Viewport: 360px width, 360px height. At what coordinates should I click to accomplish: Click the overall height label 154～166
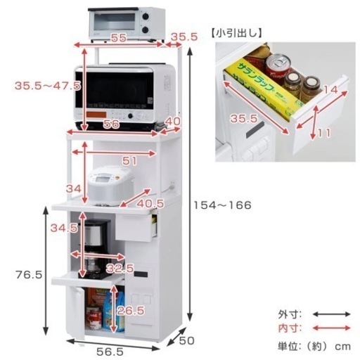click(222, 205)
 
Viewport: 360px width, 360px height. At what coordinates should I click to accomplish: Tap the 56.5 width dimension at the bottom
click(110, 352)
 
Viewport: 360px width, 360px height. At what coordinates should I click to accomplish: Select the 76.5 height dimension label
click(29, 274)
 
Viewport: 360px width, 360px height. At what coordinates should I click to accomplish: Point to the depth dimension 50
click(187, 340)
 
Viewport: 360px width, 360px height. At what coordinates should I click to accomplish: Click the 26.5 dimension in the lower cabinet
click(131, 311)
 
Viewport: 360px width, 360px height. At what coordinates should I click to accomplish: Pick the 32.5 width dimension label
click(120, 269)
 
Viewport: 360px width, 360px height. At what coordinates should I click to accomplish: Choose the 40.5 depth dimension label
click(150, 203)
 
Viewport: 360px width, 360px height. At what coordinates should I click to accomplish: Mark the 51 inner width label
click(129, 161)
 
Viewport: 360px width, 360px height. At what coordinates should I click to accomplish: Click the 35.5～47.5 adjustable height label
click(48, 86)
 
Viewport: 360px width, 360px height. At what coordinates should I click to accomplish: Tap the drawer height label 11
click(324, 133)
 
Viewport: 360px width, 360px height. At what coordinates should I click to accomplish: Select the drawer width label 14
click(330, 89)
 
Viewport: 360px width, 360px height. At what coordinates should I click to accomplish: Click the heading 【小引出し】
click(236, 34)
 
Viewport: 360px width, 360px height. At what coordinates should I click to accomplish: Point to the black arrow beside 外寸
click(332, 314)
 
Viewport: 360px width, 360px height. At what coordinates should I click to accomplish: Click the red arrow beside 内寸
click(332, 328)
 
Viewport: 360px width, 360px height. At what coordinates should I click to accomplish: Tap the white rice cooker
click(110, 186)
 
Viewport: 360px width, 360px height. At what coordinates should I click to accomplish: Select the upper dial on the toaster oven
click(146, 16)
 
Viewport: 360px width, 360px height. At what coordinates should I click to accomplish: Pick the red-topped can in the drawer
click(278, 67)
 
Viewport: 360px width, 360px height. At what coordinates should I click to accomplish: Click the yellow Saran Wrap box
click(264, 89)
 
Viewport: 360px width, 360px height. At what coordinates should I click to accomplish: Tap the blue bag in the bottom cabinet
click(113, 311)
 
